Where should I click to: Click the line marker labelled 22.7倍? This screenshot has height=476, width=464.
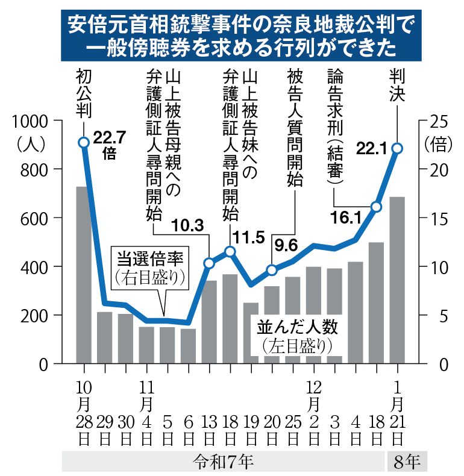84,142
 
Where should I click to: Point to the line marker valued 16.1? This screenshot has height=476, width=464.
376,207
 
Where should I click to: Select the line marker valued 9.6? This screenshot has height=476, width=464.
272,270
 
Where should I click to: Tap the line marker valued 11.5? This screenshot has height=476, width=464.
230,251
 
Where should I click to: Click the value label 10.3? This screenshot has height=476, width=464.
188,227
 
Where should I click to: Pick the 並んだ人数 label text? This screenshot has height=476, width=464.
299,328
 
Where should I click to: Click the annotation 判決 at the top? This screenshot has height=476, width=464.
397,85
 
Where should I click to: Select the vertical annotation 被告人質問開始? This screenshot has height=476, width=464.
295,127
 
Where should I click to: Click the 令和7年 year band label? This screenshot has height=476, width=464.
224,462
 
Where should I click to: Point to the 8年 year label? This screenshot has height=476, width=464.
407,462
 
